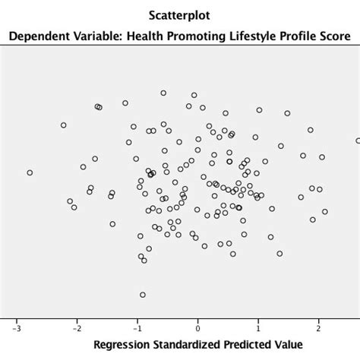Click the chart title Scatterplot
pyautogui.click(x=180, y=14)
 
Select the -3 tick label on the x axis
pyautogui.click(x=16, y=329)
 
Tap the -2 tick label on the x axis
pyautogui.click(x=76, y=329)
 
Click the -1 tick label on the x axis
pyautogui.click(x=137, y=329)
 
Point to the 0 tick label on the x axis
pyautogui.click(x=197, y=329)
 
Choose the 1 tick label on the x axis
pyautogui.click(x=258, y=329)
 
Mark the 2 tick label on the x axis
pyautogui.click(x=319, y=329)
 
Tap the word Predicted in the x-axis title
pyautogui.click(x=251, y=346)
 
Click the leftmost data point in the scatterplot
pyautogui.click(x=30, y=173)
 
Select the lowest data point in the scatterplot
pyautogui.click(x=142, y=294)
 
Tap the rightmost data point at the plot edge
pyautogui.click(x=358, y=141)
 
